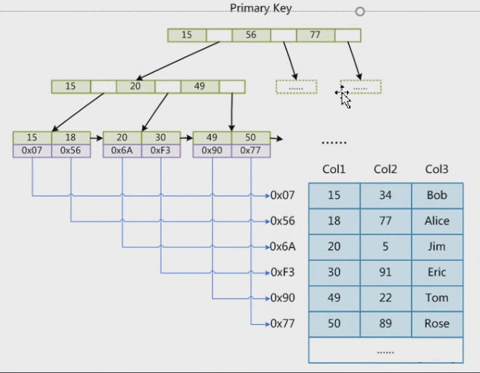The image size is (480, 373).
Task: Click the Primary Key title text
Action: [261, 8]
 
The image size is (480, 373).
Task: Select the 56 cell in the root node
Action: [251, 35]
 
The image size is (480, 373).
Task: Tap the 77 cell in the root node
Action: [315, 35]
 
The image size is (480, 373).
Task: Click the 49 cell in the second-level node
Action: [199, 87]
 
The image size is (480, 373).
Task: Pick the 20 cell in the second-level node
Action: [135, 87]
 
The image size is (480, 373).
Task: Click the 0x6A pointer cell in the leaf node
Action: [121, 151]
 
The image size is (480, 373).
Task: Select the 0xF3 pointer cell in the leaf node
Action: [161, 151]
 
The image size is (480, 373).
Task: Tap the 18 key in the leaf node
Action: [71, 137]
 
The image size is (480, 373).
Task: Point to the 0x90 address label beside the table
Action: [282, 298]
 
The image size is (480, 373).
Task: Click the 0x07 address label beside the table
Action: [282, 196]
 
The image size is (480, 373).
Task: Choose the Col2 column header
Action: [385, 170]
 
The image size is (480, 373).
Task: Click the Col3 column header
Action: [437, 170]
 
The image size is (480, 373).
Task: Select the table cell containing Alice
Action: [437, 221]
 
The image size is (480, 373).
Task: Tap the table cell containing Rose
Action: [437, 324]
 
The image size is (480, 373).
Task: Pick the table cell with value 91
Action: [385, 273]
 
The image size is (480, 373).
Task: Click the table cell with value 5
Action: [385, 247]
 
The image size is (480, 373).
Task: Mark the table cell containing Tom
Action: [437, 298]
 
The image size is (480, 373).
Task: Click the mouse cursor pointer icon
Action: [345, 97]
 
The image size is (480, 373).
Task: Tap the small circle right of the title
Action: [359, 12]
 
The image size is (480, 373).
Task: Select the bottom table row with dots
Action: [385, 350]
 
